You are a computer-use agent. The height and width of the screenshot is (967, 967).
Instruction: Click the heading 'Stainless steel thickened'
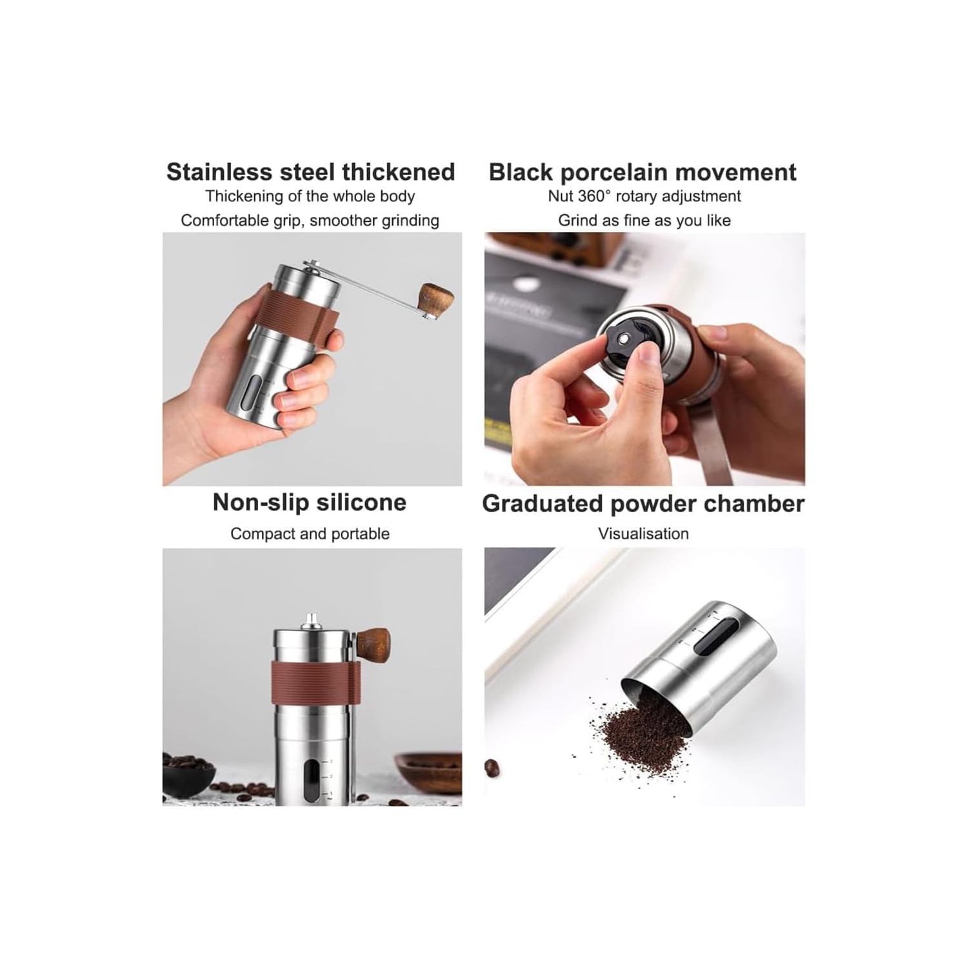click(x=310, y=172)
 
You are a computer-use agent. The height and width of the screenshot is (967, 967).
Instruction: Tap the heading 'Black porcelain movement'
click(x=643, y=173)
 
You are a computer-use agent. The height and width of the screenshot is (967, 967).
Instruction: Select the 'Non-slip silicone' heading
click(x=310, y=502)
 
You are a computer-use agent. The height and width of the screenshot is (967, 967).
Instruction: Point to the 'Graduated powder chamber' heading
click(x=643, y=503)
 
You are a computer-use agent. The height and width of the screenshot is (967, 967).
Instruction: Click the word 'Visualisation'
click(x=643, y=533)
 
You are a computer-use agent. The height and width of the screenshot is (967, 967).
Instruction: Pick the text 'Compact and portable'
click(x=310, y=533)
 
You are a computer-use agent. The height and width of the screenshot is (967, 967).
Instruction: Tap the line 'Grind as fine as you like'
click(x=644, y=221)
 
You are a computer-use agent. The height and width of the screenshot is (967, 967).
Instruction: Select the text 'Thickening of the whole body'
click(x=310, y=196)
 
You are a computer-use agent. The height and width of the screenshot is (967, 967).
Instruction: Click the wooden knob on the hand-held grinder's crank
click(x=435, y=299)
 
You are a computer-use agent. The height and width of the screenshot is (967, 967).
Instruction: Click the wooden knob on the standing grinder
click(x=373, y=642)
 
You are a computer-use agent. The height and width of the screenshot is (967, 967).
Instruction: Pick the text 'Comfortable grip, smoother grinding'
click(x=310, y=221)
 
